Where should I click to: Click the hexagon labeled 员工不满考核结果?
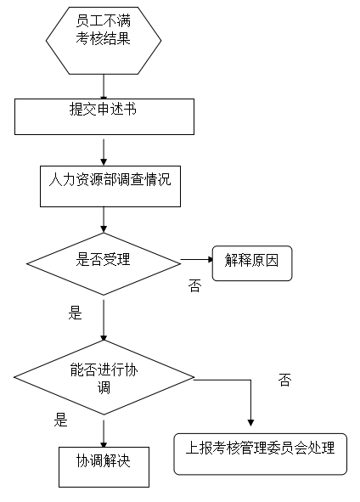click(x=104, y=41)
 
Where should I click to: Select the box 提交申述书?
click(x=104, y=116)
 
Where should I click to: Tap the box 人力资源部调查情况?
click(x=110, y=186)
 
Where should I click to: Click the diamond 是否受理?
click(x=104, y=264)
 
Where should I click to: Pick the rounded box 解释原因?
click(x=252, y=263)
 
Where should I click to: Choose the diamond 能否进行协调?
click(x=104, y=377)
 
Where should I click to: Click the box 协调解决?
click(x=104, y=467)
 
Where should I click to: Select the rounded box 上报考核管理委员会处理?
click(x=260, y=454)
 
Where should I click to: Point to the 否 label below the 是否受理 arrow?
click(x=194, y=285)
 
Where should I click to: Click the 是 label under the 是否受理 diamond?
click(x=76, y=313)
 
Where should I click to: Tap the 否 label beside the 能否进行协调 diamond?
click(x=284, y=380)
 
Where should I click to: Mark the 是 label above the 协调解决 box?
click(x=61, y=420)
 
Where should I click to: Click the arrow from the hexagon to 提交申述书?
click(x=104, y=87)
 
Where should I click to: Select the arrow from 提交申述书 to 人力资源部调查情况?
click(x=104, y=152)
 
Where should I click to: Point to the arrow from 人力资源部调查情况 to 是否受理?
click(x=104, y=220)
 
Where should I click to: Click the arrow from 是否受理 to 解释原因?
click(x=197, y=259)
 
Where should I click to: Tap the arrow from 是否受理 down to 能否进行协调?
click(x=104, y=320)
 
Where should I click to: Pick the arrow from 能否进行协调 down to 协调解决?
click(x=104, y=433)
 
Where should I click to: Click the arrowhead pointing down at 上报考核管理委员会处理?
click(x=250, y=423)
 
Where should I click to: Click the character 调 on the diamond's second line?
click(x=104, y=387)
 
